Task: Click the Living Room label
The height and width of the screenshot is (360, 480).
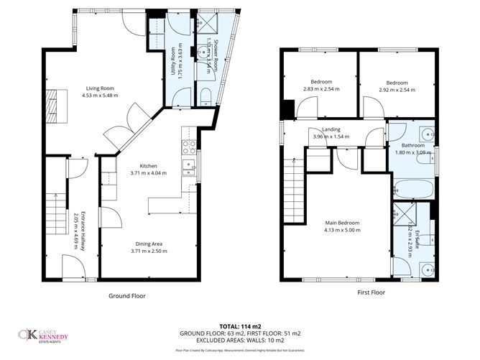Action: tap(99, 88)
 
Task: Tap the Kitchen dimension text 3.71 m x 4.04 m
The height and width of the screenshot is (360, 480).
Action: tap(148, 173)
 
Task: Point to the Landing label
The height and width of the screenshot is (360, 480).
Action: tap(331, 129)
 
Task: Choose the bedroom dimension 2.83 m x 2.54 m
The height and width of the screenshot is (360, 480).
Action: tap(320, 90)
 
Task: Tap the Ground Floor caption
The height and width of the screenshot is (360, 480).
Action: tap(129, 295)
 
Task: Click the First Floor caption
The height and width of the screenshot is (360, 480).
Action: tap(371, 292)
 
